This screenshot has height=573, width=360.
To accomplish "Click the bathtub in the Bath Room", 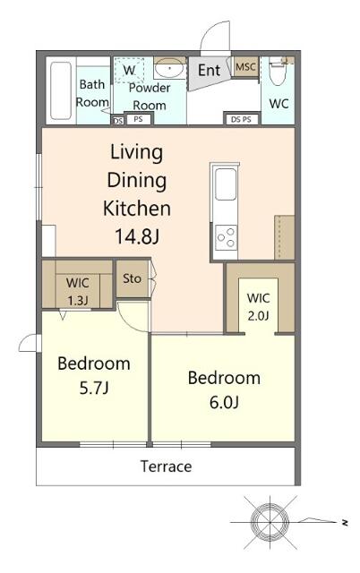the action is click(x=61, y=90).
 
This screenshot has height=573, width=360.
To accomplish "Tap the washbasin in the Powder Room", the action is click(x=169, y=68).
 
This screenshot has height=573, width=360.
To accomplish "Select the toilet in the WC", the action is click(x=279, y=72).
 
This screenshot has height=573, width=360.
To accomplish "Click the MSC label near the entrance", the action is click(x=245, y=67).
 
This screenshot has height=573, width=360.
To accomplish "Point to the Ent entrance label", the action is click(x=209, y=70).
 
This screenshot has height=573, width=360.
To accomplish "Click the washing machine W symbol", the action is click(x=129, y=70).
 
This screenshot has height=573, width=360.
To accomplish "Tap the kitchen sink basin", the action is click(x=226, y=184).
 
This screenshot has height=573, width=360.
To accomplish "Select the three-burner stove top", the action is click(x=226, y=238).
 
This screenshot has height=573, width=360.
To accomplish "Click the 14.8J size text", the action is click(x=137, y=236).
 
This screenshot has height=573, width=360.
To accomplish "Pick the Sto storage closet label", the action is click(x=132, y=278).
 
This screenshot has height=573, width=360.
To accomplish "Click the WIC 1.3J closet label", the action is click(x=78, y=292).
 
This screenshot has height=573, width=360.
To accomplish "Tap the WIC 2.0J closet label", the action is click(x=259, y=306).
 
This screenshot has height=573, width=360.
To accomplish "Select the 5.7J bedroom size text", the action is click(x=94, y=388).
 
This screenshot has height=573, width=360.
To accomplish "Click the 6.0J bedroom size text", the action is click(x=224, y=402).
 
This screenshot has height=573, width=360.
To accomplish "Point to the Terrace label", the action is click(x=167, y=466).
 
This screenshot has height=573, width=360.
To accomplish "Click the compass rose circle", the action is click(x=270, y=522).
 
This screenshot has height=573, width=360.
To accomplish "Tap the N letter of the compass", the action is click(x=344, y=523).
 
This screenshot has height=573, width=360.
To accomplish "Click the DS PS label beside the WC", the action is click(x=241, y=119).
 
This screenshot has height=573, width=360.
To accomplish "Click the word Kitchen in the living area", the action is click(x=137, y=209).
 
